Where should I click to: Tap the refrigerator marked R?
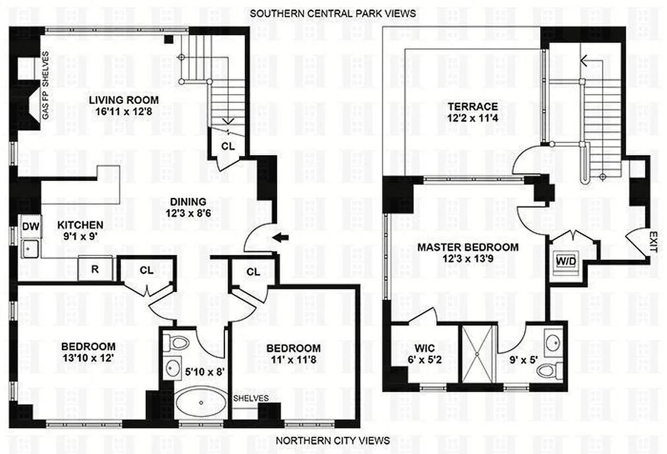point(94,269)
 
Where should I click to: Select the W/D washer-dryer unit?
point(565,262)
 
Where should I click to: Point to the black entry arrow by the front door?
point(281,238)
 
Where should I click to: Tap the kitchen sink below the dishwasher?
point(30,248)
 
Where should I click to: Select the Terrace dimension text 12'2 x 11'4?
point(472,119)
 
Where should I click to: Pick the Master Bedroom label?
point(468,247)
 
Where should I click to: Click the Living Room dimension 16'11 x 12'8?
point(123,112)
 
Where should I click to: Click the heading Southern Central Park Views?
point(333,12)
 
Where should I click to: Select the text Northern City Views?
point(333,440)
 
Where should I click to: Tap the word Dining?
point(187,201)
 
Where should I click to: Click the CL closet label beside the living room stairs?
point(227,146)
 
